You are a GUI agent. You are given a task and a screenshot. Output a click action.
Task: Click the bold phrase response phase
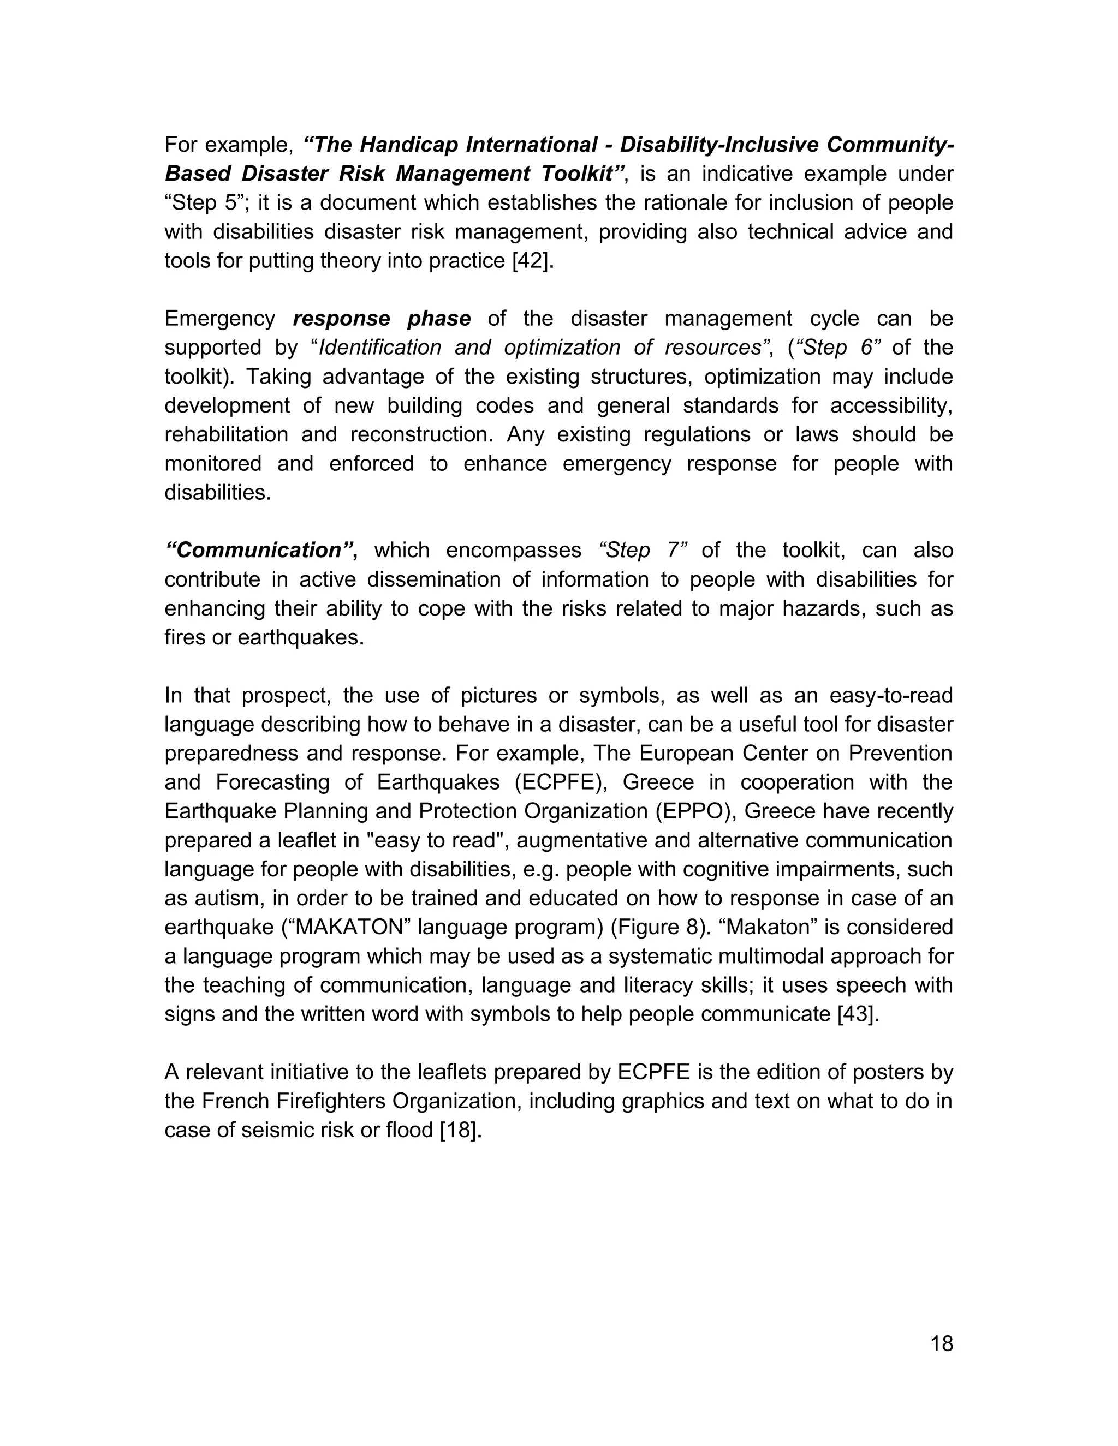(382, 319)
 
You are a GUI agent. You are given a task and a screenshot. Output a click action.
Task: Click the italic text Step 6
(835, 348)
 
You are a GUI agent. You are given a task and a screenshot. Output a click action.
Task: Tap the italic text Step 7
(643, 550)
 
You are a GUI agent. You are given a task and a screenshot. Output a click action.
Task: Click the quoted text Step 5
(204, 202)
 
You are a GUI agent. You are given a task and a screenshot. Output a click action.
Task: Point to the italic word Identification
(379, 348)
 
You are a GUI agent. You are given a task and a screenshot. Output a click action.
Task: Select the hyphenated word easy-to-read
(890, 695)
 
